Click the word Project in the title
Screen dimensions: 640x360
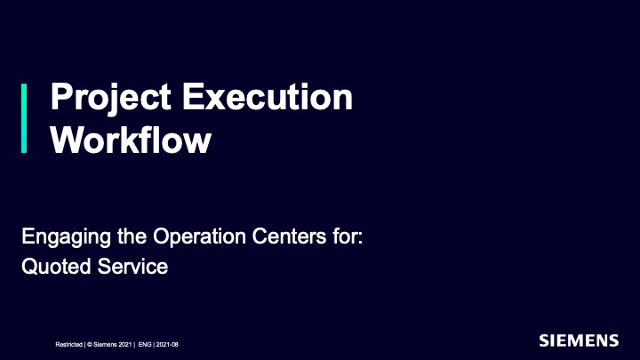[110, 99]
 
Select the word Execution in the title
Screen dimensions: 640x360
[268, 97]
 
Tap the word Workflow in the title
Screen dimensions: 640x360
[131, 140]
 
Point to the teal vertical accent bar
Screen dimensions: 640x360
[24, 118]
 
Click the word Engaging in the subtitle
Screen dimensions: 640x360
[66, 237]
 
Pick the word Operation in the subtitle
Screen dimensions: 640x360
[199, 237]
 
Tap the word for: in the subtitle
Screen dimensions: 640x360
[348, 236]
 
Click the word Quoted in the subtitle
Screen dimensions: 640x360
[56, 267]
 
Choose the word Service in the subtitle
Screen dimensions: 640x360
[132, 267]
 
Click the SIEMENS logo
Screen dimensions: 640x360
[579, 340]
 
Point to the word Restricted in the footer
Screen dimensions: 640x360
[69, 345]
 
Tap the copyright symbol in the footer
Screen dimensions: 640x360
[90, 345]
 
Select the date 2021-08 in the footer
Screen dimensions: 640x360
[167, 345]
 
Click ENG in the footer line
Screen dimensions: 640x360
[145, 345]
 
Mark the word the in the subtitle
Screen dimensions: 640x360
[132, 236]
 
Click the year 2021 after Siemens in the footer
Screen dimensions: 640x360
[124, 345]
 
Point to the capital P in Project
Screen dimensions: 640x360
[61, 97]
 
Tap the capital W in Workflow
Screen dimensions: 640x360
[68, 140]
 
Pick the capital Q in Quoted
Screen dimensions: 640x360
[29, 267]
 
